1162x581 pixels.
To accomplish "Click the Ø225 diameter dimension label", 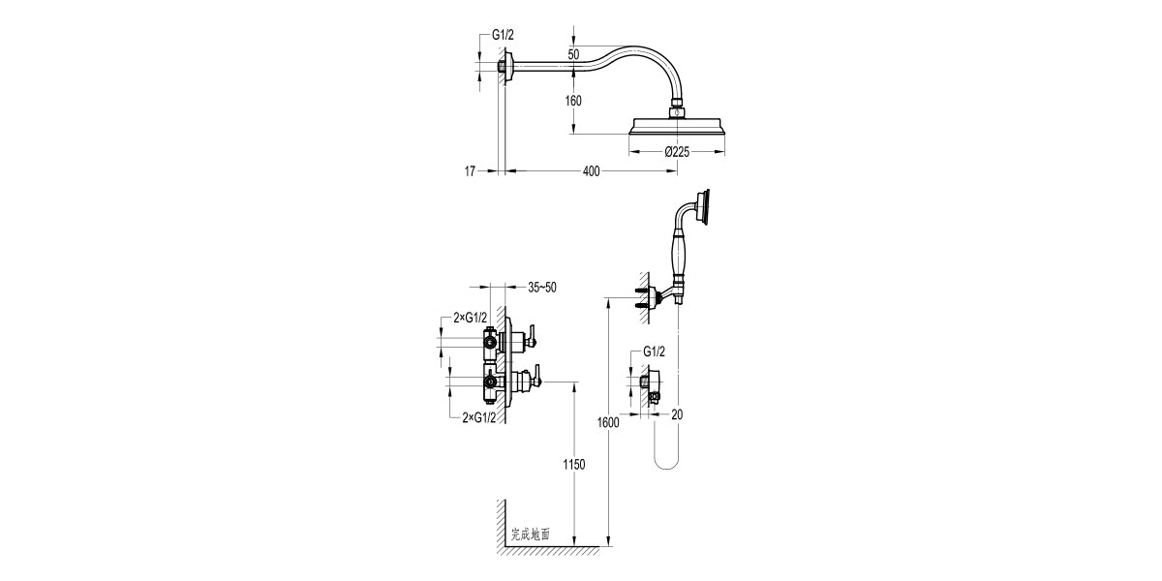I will (x=676, y=151).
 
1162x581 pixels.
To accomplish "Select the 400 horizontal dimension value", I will (x=591, y=171).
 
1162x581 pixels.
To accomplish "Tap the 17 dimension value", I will (x=470, y=171).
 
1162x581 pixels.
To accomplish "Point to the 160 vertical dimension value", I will (x=573, y=101).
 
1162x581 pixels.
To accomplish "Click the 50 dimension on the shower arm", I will (x=573, y=55).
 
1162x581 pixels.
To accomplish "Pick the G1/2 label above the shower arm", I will (x=502, y=35).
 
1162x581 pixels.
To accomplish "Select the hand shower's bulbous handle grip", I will (x=680, y=258).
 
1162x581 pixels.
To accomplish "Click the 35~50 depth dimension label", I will (x=542, y=288).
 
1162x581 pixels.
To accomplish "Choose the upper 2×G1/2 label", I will (x=470, y=318).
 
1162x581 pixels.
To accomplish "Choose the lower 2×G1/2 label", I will (x=478, y=416).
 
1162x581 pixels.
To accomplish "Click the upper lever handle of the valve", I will (x=530, y=338).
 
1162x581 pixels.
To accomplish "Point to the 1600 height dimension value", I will (x=608, y=422).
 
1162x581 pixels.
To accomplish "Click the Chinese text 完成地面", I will (x=531, y=533).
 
